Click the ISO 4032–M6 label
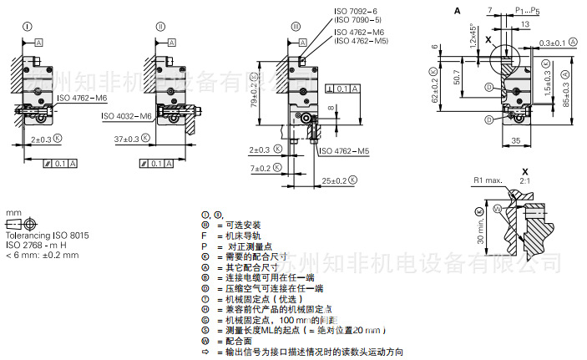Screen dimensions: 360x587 tap(128, 116)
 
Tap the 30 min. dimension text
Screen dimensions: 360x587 tap(479, 226)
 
